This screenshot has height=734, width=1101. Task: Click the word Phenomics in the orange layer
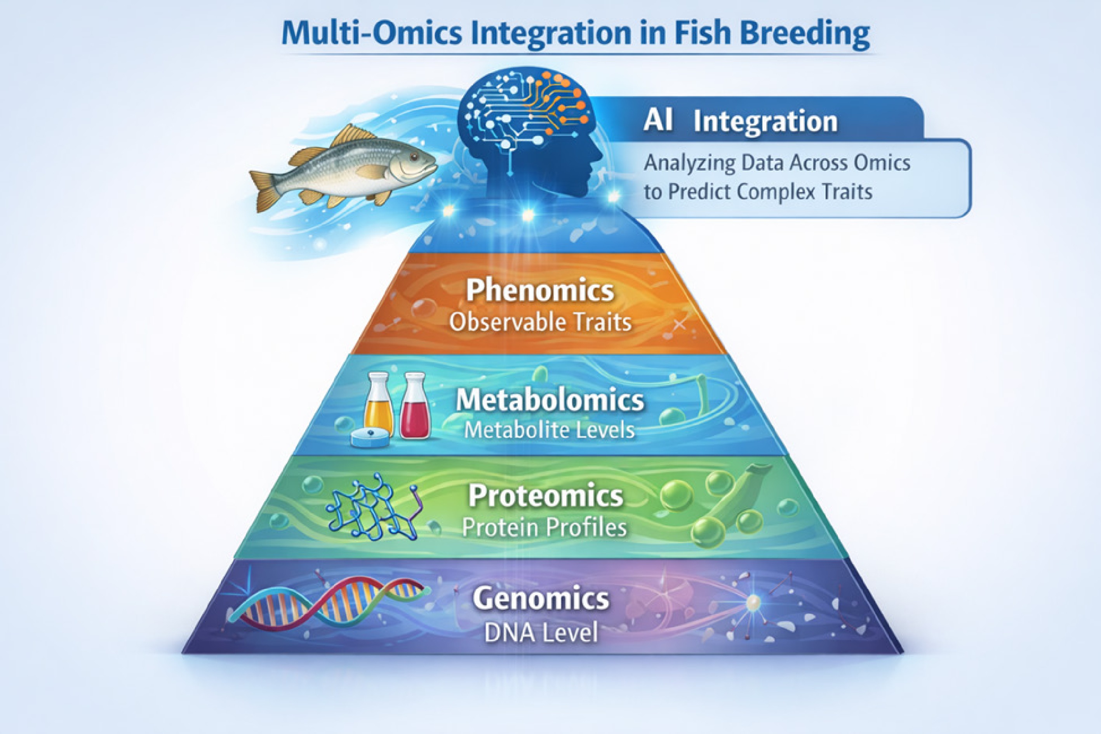[x=540, y=290]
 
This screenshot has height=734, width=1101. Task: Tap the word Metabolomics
[x=550, y=400]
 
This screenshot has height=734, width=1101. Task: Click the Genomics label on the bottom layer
[x=541, y=599]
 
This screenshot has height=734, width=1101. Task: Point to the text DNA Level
[x=541, y=633]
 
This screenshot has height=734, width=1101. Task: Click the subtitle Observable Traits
[x=540, y=322]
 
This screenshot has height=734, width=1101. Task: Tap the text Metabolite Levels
[x=549, y=430]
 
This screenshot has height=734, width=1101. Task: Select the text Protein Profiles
[x=544, y=528]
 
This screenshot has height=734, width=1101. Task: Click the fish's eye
[x=413, y=157]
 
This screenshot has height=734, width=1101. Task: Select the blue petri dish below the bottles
[x=370, y=439]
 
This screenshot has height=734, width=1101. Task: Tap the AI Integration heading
[x=740, y=121]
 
